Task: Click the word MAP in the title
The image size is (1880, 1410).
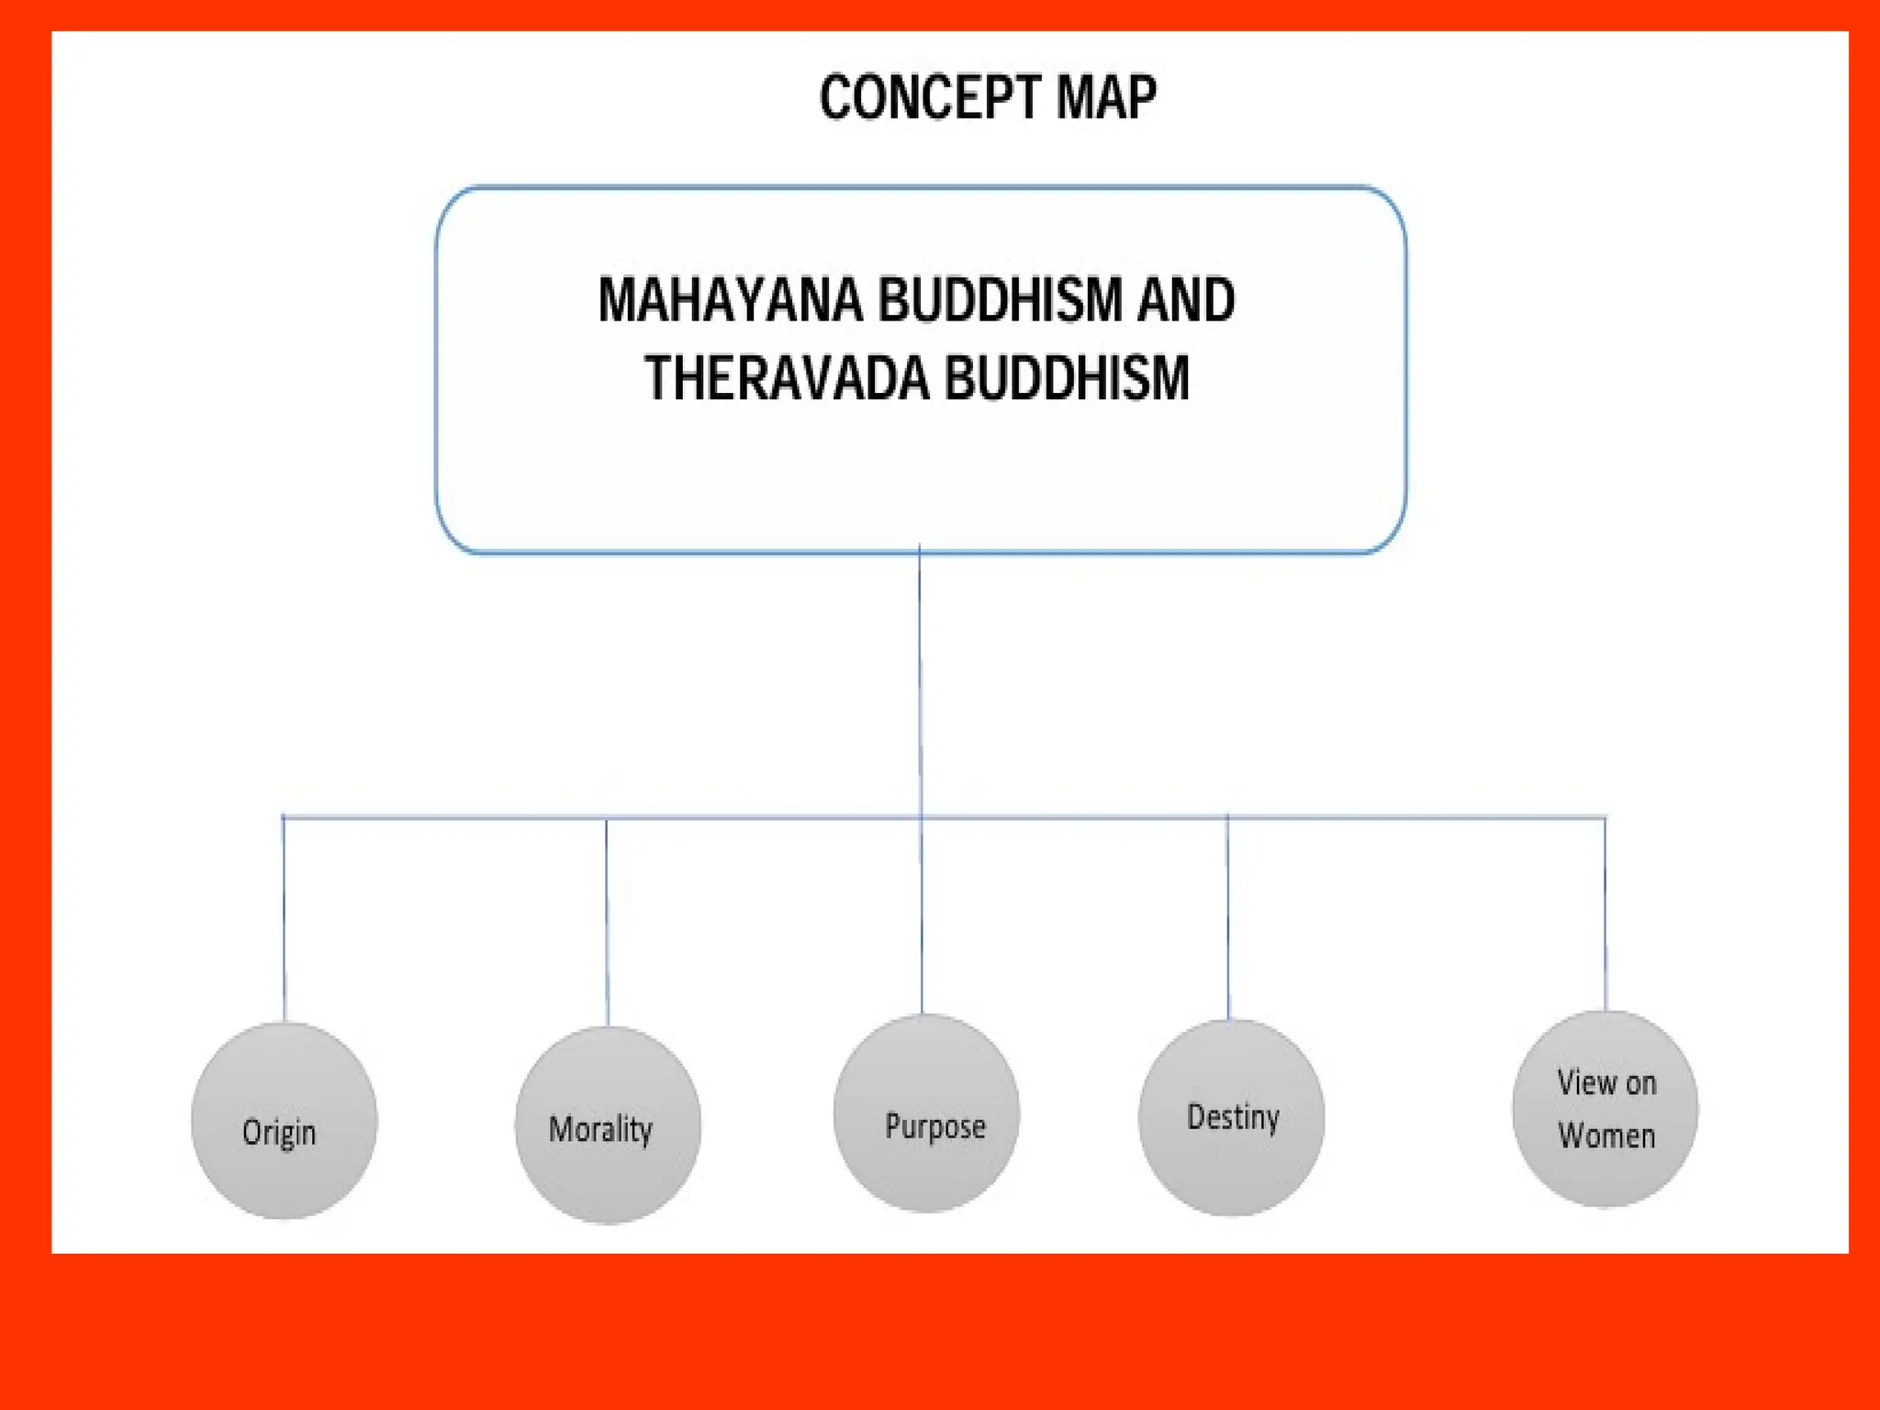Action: tap(1106, 97)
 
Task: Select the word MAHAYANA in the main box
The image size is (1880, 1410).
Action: tap(731, 300)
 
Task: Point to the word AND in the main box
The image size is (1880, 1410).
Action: tap(1186, 300)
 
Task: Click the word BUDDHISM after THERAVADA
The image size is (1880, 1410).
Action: tap(1067, 378)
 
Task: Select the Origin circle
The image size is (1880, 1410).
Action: tap(284, 1120)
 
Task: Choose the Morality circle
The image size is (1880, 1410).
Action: tap(608, 1125)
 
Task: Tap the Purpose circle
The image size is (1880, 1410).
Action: tap(926, 1113)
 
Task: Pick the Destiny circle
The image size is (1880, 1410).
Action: tap(1231, 1117)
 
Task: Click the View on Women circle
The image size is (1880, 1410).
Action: tap(1605, 1108)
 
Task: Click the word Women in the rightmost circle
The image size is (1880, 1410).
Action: tap(1606, 1136)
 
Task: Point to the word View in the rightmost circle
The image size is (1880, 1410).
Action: tap(1585, 1083)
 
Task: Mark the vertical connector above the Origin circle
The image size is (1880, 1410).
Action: tap(284, 918)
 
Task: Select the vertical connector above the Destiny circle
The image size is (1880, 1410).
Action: tap(1228, 918)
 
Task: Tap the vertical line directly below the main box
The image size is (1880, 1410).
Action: tap(920, 679)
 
